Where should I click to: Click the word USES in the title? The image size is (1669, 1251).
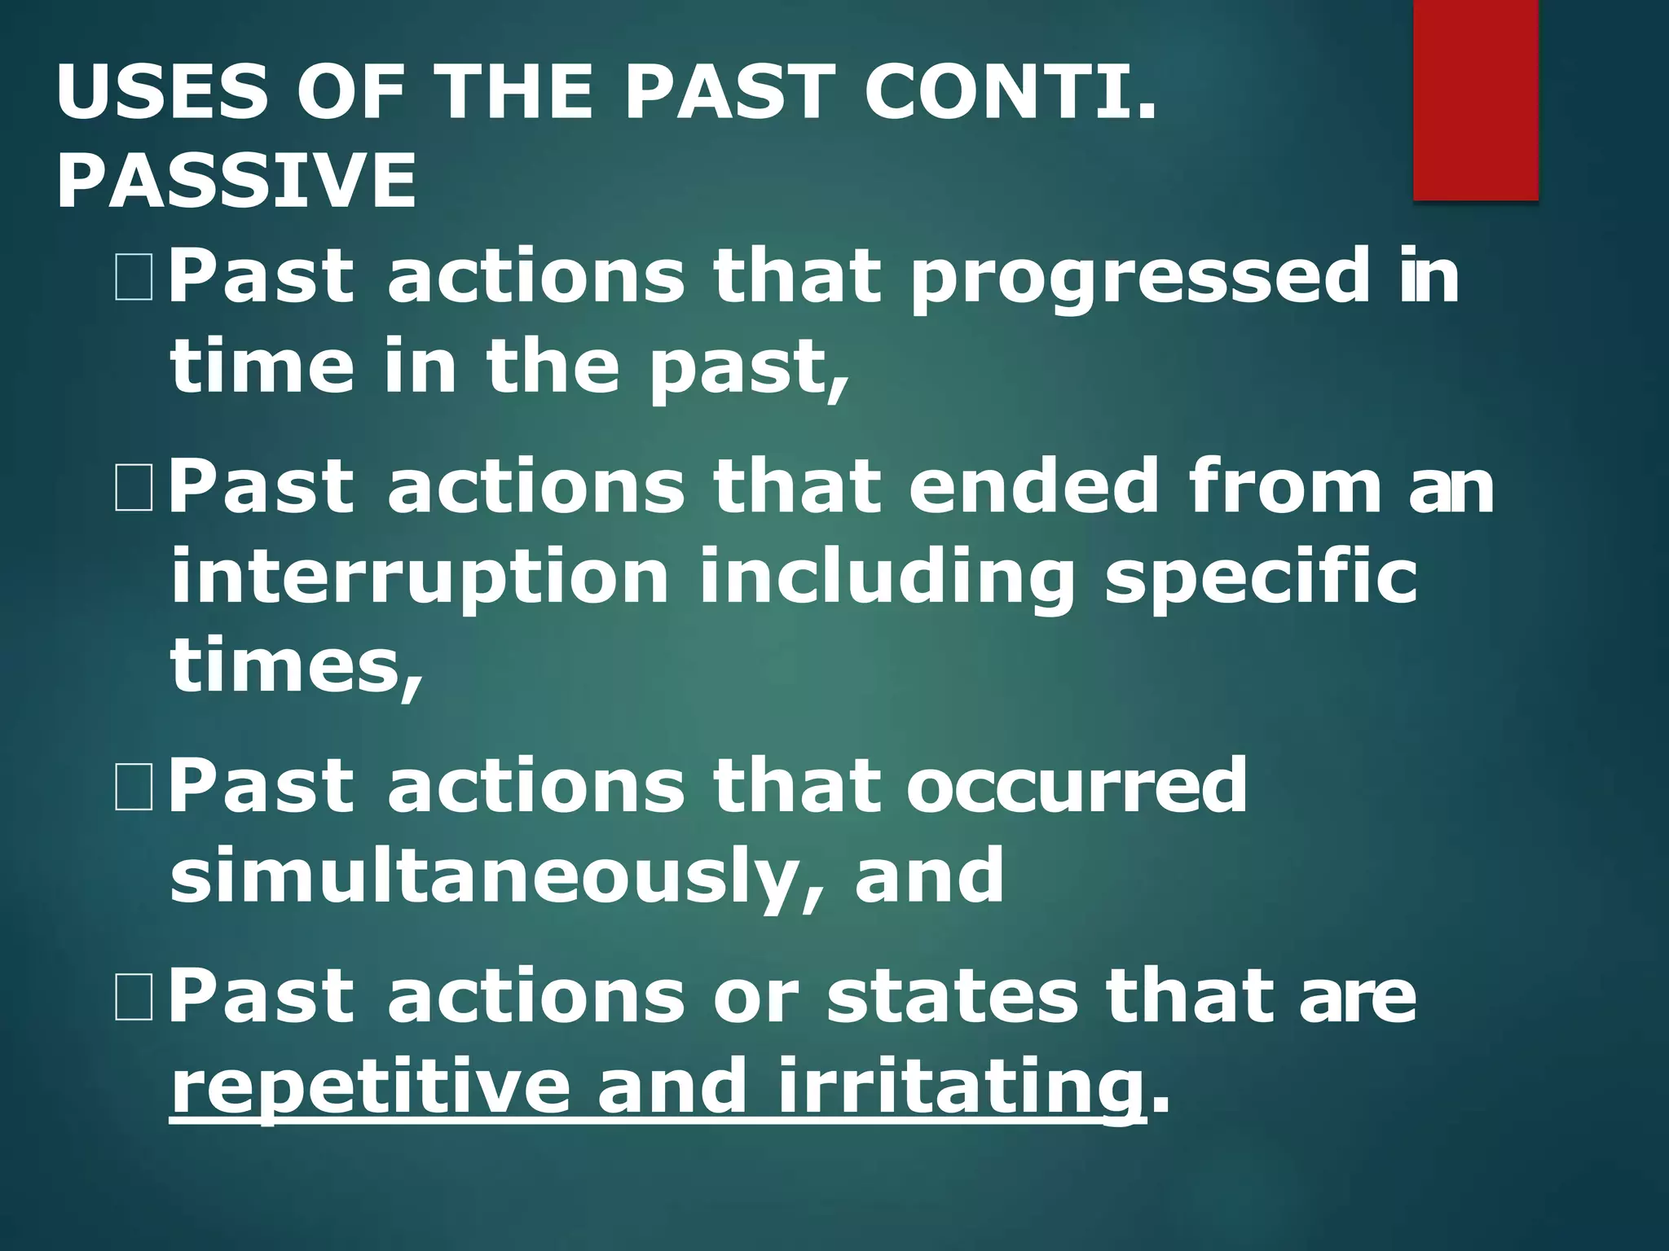tap(161, 91)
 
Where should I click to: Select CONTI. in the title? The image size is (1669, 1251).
tap(1011, 91)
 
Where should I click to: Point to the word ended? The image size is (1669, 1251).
tap(1033, 486)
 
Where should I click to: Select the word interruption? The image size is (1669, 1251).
tap(420, 577)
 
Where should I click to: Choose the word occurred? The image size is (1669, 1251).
tap(1077, 785)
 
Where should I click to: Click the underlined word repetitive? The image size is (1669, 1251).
tap(370, 1090)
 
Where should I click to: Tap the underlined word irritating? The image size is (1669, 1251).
tap(959, 1090)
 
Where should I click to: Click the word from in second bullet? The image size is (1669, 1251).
tap(1284, 486)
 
